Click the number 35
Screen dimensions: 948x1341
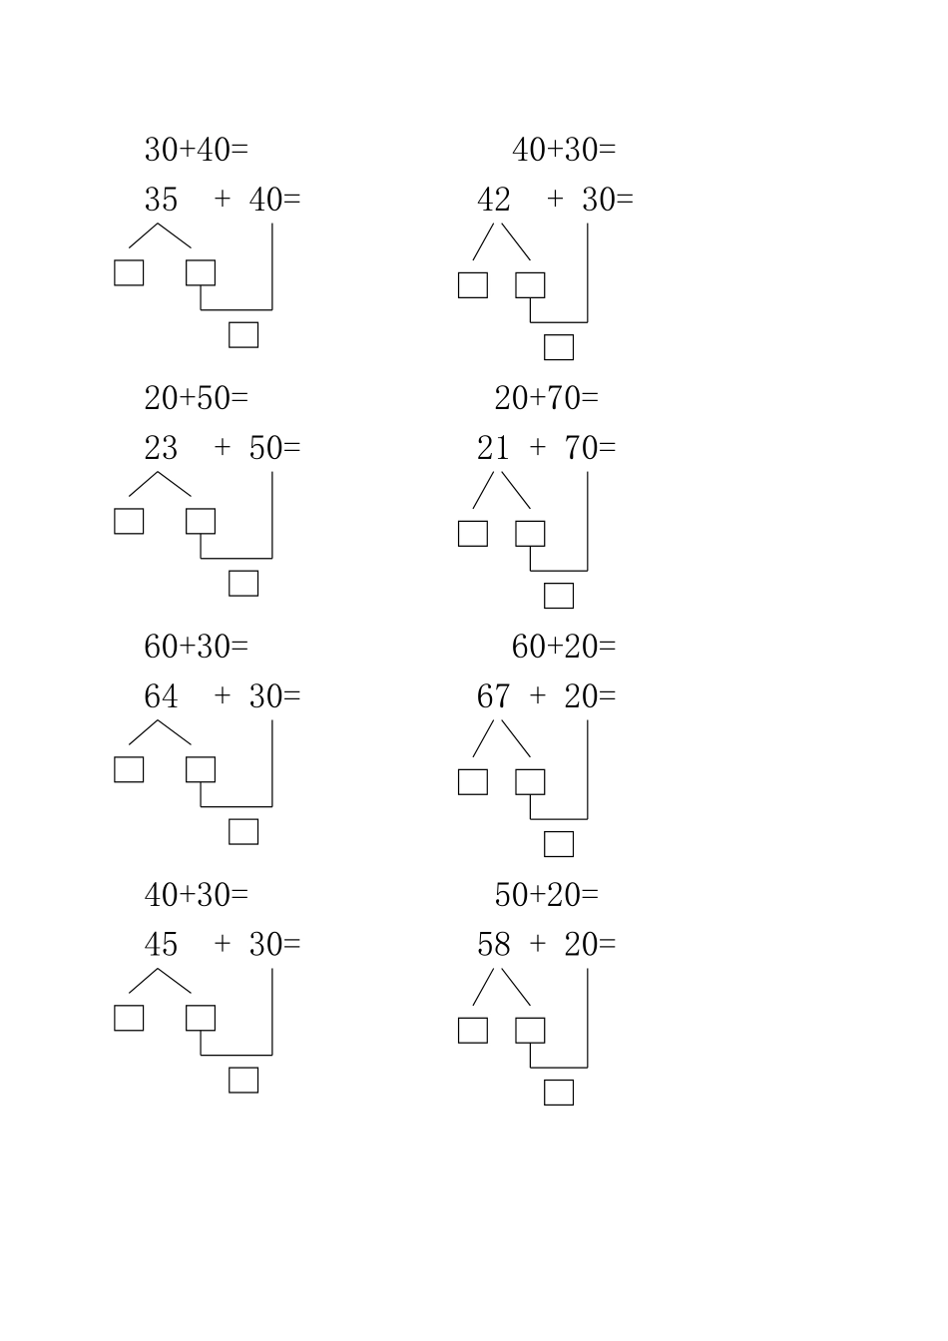[x=161, y=200]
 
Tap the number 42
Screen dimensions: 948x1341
[x=494, y=200]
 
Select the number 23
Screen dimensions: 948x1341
[x=161, y=448]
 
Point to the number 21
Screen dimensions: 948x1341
[x=493, y=448]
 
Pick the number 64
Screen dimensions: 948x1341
[x=161, y=696]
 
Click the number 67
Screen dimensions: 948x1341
[x=494, y=696]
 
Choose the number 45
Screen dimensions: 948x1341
[x=161, y=945]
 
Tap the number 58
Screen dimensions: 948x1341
[x=494, y=945]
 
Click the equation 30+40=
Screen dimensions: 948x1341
[x=197, y=150]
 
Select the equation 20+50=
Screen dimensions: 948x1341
[x=197, y=398]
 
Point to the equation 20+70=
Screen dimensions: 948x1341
[x=546, y=398]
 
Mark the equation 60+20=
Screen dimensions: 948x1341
[x=564, y=647]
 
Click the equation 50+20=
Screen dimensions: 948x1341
[x=546, y=895]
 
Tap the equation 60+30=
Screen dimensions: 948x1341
[x=197, y=647]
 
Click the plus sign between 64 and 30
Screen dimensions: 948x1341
[x=223, y=695]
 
